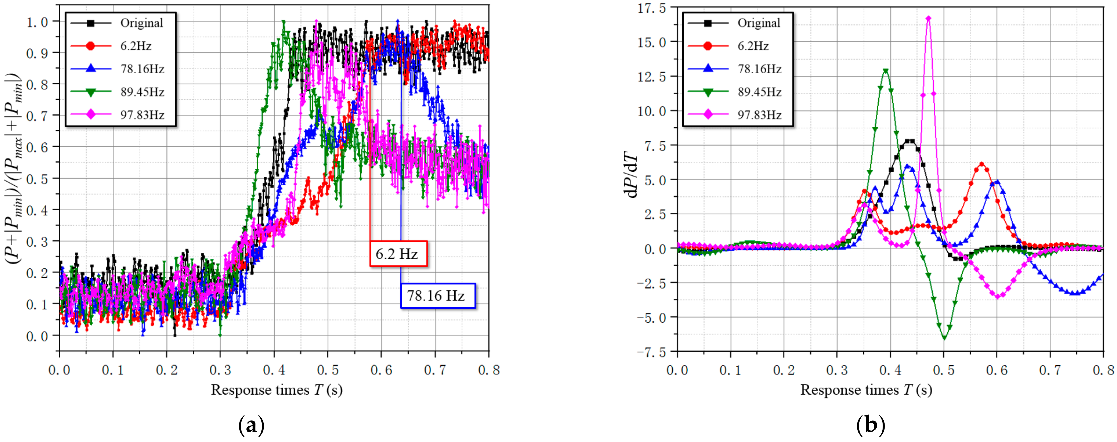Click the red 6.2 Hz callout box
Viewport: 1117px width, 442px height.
(398, 254)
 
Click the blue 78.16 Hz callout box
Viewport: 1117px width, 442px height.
(438, 296)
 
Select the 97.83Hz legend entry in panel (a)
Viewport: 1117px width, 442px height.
(120, 115)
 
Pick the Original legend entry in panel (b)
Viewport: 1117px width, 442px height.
(737, 23)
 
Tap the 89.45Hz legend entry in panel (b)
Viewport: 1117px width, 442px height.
(737, 92)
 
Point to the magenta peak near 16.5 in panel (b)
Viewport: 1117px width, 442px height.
(928, 18)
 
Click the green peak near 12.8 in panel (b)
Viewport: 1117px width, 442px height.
(885, 71)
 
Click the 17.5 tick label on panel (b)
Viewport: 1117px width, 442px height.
(651, 8)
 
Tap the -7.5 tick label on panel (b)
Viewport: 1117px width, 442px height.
(651, 352)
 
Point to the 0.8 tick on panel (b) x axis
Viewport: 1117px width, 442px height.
(1103, 370)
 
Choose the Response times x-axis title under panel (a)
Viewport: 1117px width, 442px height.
(277, 390)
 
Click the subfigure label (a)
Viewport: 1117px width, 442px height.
(251, 426)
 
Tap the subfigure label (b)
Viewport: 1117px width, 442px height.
(870, 426)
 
